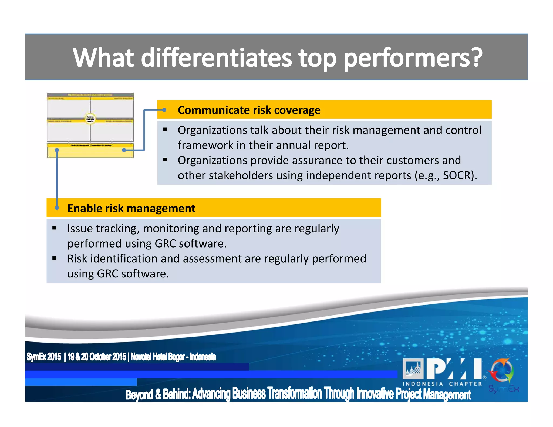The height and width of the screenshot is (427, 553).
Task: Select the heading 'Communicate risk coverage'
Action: coord(249,110)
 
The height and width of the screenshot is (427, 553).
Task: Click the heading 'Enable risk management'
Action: coord(131,208)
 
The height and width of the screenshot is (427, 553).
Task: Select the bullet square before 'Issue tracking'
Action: coord(54,228)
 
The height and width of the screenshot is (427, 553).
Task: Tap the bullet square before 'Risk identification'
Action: coord(54,258)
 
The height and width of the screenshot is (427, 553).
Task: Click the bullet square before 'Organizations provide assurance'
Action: coord(165,160)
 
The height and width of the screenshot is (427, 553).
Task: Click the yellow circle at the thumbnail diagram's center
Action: coord(90,118)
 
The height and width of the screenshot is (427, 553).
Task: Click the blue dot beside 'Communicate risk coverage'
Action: coord(164,110)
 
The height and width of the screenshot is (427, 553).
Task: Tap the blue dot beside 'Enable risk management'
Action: coord(57,208)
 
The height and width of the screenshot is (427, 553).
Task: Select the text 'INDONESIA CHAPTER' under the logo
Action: coord(442,384)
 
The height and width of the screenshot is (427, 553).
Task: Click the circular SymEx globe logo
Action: coord(502,371)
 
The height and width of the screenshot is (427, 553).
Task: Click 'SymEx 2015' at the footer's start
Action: coord(44,357)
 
